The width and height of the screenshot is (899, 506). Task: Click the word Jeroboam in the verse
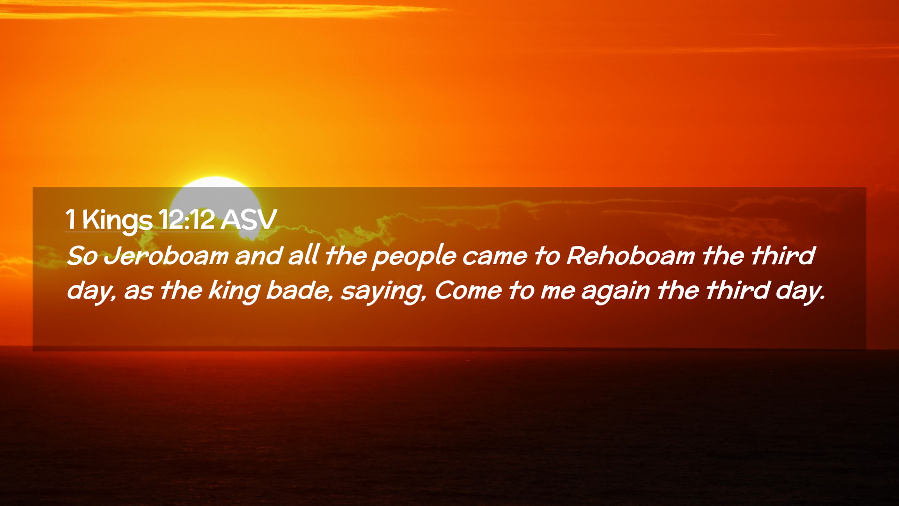point(166,256)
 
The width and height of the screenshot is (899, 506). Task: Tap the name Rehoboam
point(630,256)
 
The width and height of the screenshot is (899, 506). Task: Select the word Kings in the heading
point(117,220)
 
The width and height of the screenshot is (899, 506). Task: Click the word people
point(414,257)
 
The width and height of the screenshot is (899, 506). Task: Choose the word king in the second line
point(234,291)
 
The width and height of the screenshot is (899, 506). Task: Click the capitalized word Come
point(468,290)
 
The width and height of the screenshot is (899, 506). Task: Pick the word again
point(615,291)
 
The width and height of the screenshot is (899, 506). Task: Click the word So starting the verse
point(82,256)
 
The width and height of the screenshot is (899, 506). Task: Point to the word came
point(494,257)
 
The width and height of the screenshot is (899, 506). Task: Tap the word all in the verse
point(303,256)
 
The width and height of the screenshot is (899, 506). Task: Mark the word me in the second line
point(558,291)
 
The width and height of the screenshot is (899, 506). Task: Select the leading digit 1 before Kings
point(71,219)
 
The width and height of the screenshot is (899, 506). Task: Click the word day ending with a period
point(801,291)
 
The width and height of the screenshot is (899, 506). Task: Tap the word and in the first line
point(258,256)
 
